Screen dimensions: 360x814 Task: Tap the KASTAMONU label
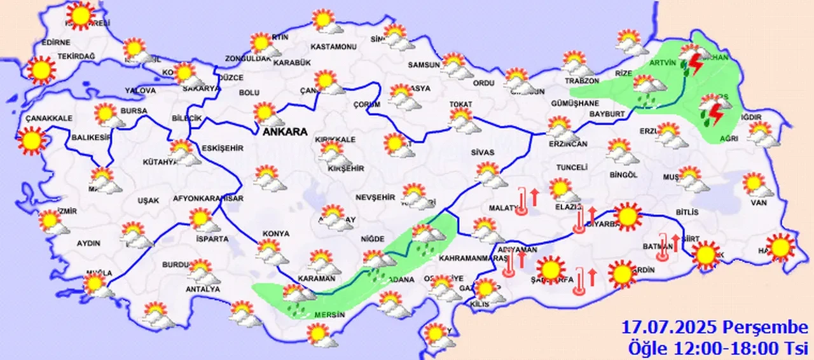click(333, 47)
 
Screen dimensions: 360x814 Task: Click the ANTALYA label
click(197, 289)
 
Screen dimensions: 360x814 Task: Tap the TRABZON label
click(583, 81)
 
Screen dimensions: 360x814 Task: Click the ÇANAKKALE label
click(49, 118)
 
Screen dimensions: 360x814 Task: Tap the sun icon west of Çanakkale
click(32, 141)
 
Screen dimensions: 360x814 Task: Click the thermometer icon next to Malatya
click(523, 201)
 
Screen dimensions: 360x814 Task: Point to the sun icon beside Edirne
click(41, 70)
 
